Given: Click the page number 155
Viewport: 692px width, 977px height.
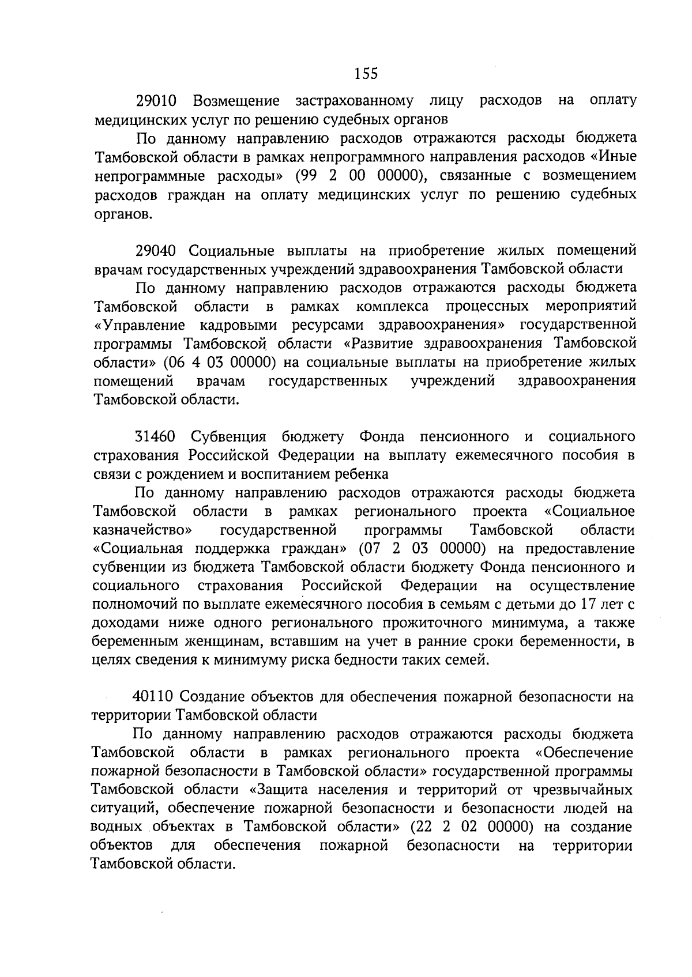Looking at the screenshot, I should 366,73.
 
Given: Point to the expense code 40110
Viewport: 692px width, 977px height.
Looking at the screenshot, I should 153,697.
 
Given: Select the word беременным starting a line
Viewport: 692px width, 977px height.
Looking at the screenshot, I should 130,642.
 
